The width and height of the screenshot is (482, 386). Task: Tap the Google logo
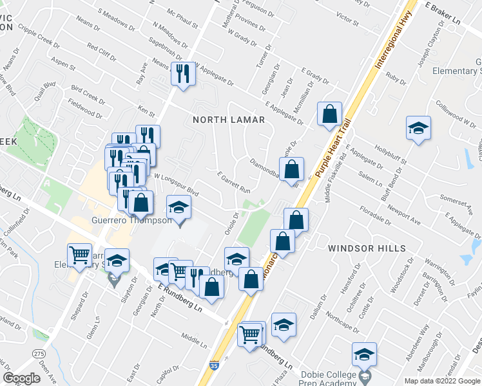pyautogui.click(x=21, y=378)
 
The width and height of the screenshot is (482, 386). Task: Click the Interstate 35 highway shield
pyautogui.click(x=213, y=365)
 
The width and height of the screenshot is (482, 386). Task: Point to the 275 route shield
pyautogui.click(x=40, y=354)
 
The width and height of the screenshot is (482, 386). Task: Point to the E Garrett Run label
pyautogui.click(x=233, y=182)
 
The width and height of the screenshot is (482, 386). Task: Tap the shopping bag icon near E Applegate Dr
pyautogui.click(x=329, y=114)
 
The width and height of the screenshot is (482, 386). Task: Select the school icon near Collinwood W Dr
pyautogui.click(x=418, y=127)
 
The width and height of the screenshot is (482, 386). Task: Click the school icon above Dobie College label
pyautogui.click(x=364, y=354)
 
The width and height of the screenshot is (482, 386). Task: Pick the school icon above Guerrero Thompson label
pyautogui.click(x=179, y=207)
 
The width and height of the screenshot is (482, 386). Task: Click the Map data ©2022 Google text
pyautogui.click(x=441, y=381)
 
